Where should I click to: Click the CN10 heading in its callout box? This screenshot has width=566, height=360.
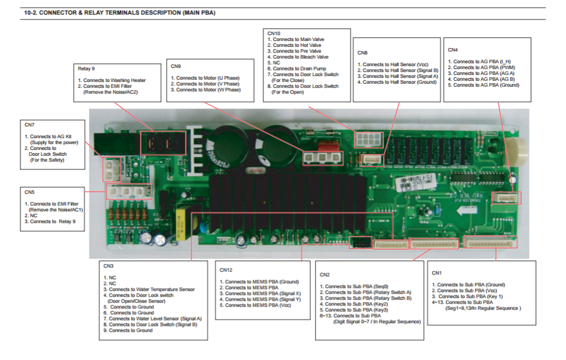274,33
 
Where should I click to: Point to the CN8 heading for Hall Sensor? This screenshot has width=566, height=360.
362,52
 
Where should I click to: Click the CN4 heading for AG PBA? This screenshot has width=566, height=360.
452,50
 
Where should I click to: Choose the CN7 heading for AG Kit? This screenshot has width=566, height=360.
29,124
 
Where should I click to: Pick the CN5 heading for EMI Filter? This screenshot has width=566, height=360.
29,191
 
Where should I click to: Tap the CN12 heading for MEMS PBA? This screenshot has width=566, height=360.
227,270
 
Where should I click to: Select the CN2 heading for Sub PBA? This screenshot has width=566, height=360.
325,275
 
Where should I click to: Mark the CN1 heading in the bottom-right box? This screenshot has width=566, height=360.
437,273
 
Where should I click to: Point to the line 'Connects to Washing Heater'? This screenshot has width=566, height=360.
114,80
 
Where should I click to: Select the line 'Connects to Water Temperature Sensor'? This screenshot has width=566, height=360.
152,289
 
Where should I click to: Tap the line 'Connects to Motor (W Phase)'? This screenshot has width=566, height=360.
208,90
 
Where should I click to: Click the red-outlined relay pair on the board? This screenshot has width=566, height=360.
163,142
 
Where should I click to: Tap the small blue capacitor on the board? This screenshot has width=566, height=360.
159,240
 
